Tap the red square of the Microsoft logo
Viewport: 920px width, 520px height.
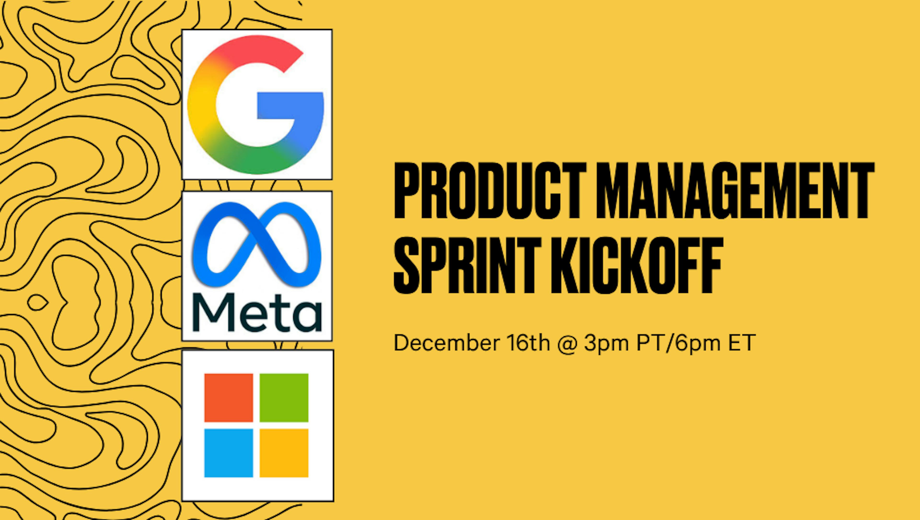point(229,397)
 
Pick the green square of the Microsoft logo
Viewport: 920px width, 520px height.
point(284,397)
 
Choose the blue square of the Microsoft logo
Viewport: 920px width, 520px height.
point(229,453)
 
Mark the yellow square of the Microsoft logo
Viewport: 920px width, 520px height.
point(284,453)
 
